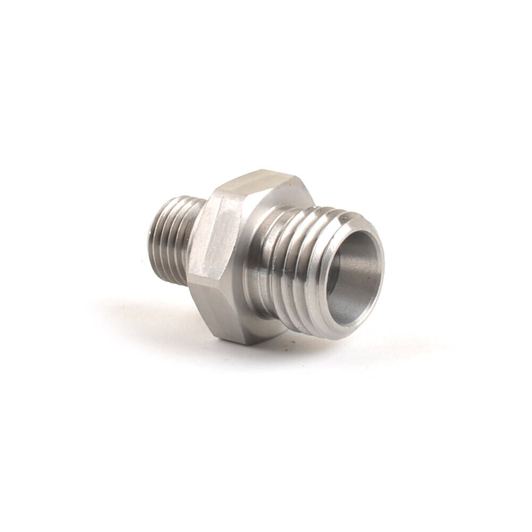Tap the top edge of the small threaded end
(x=176, y=198)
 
